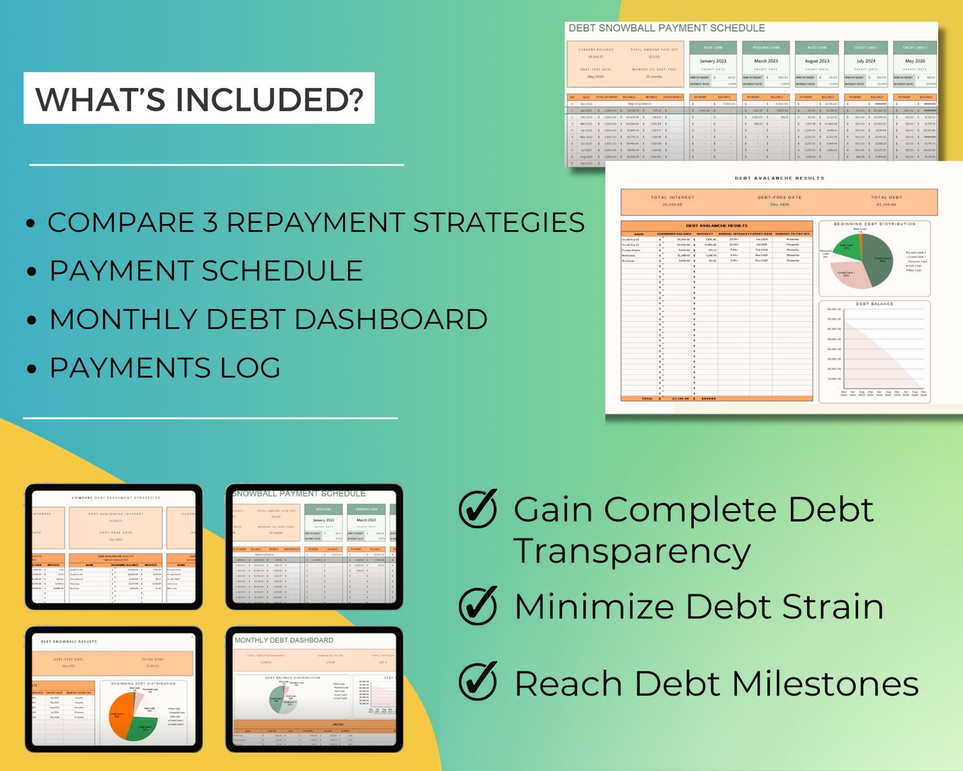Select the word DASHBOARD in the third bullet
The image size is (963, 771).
tap(391, 319)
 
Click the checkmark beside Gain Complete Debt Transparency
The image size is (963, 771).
tap(478, 509)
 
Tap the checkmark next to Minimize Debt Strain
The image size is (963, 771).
tap(478, 606)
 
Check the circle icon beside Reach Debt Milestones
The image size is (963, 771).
tap(478, 681)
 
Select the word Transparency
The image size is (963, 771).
tap(632, 552)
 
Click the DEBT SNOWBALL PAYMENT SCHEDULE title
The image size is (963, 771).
tap(666, 28)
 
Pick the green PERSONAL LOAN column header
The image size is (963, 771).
tap(766, 47)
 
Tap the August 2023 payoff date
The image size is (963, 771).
tap(816, 61)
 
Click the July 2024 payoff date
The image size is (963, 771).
tap(866, 61)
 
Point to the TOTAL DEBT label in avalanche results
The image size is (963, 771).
tap(886, 197)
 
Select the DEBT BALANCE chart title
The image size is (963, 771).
tap(874, 304)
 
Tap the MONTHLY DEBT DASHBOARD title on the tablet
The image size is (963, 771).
tap(284, 640)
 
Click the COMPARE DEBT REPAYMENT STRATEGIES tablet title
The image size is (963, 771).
tap(116, 498)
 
